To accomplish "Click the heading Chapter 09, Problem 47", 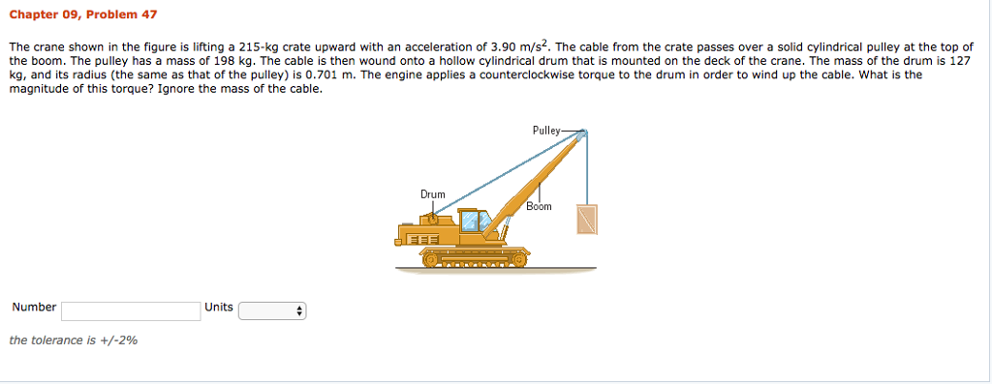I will point(82,15).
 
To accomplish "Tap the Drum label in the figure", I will point(432,194).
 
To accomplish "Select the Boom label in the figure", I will point(539,206).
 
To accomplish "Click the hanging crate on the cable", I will point(587,220).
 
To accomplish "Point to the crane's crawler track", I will point(475,258).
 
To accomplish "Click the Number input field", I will point(130,310).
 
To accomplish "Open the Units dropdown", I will point(272,310).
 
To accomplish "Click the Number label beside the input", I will point(34,308).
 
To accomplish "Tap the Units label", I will point(218,308).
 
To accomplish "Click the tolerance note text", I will point(73,340).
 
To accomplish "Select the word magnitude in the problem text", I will point(40,88).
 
